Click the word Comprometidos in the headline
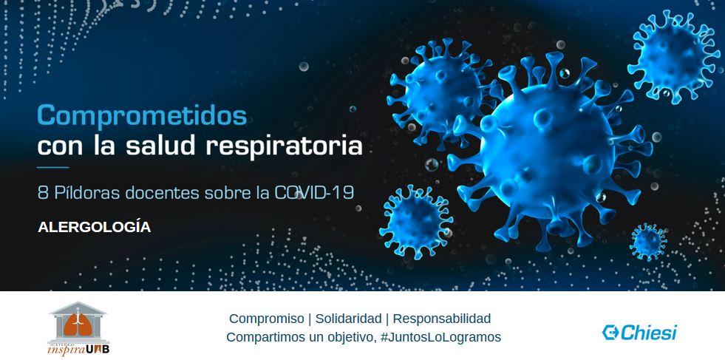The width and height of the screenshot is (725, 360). [142, 116]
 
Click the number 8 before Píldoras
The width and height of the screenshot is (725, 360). [42, 193]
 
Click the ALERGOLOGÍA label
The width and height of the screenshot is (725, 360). [94, 228]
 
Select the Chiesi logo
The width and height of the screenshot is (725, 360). [639, 332]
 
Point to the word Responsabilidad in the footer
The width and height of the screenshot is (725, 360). [441, 319]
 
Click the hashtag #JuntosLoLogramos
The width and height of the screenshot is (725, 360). [440, 337]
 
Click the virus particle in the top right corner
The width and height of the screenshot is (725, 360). [675, 58]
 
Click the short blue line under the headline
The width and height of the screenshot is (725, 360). [52, 168]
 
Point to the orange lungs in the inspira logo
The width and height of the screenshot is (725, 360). [78, 320]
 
